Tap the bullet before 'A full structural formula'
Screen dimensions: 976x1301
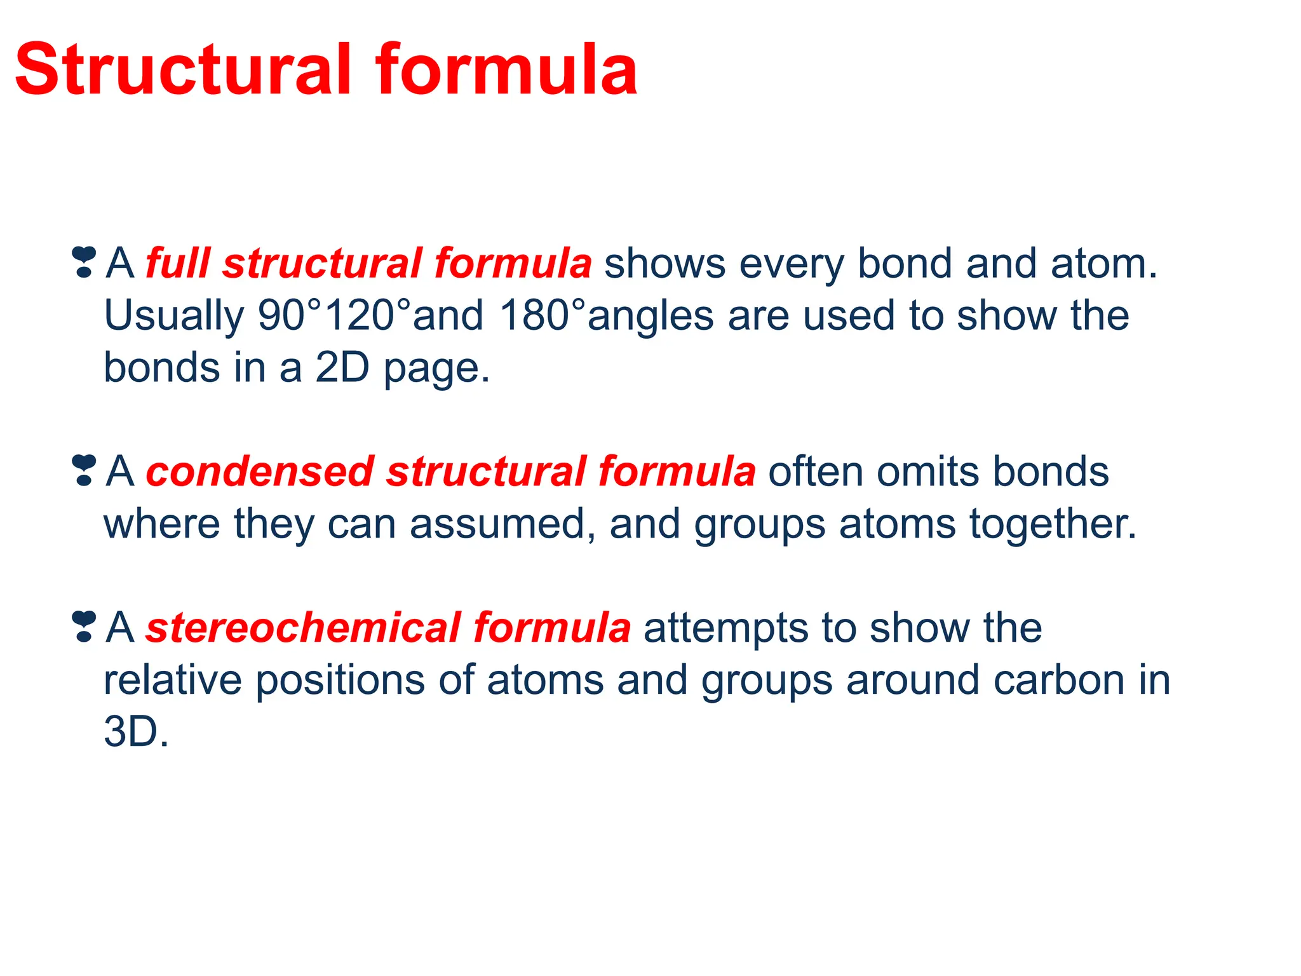tap(84, 262)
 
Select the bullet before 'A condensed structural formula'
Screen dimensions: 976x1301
tap(84, 470)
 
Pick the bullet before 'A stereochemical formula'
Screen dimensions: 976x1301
tap(84, 627)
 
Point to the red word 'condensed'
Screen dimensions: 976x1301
tap(259, 471)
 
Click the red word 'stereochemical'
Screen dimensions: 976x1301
tap(302, 628)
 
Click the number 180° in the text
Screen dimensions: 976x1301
tap(541, 315)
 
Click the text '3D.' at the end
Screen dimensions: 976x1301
tap(136, 732)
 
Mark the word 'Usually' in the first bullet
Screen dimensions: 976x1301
tap(173, 316)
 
